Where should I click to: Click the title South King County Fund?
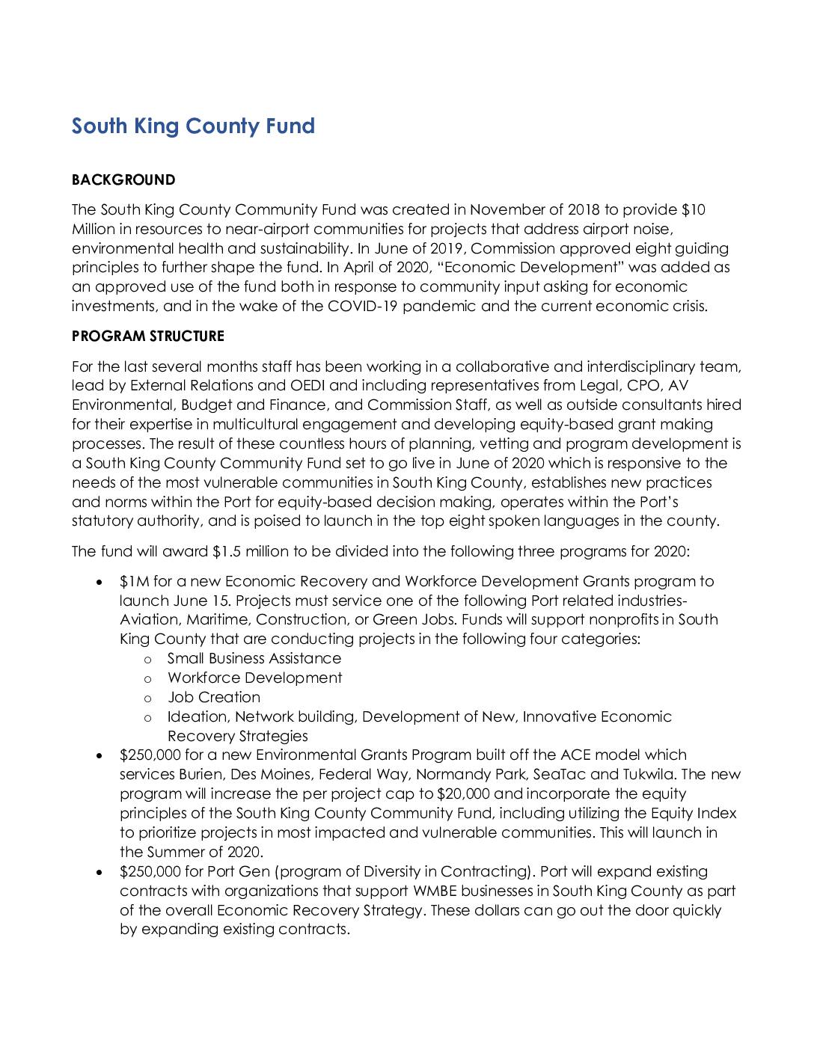click(x=193, y=126)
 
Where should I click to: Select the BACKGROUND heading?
click(x=123, y=180)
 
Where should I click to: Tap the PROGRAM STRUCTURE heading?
click(x=147, y=337)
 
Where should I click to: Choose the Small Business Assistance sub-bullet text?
click(x=254, y=659)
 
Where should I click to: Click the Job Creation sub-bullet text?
click(x=213, y=698)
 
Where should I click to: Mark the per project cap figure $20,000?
click(x=465, y=794)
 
